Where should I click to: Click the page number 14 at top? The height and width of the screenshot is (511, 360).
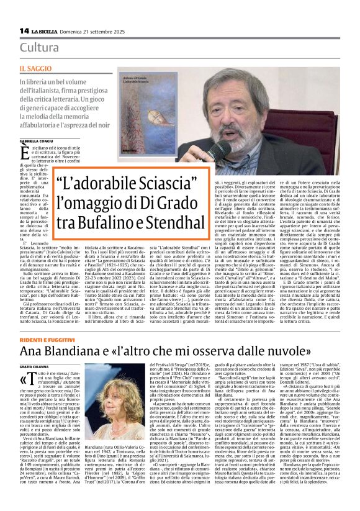point(25,30)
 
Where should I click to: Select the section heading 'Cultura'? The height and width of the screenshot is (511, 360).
point(39,47)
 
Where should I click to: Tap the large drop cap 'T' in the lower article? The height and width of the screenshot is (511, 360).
point(26,362)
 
